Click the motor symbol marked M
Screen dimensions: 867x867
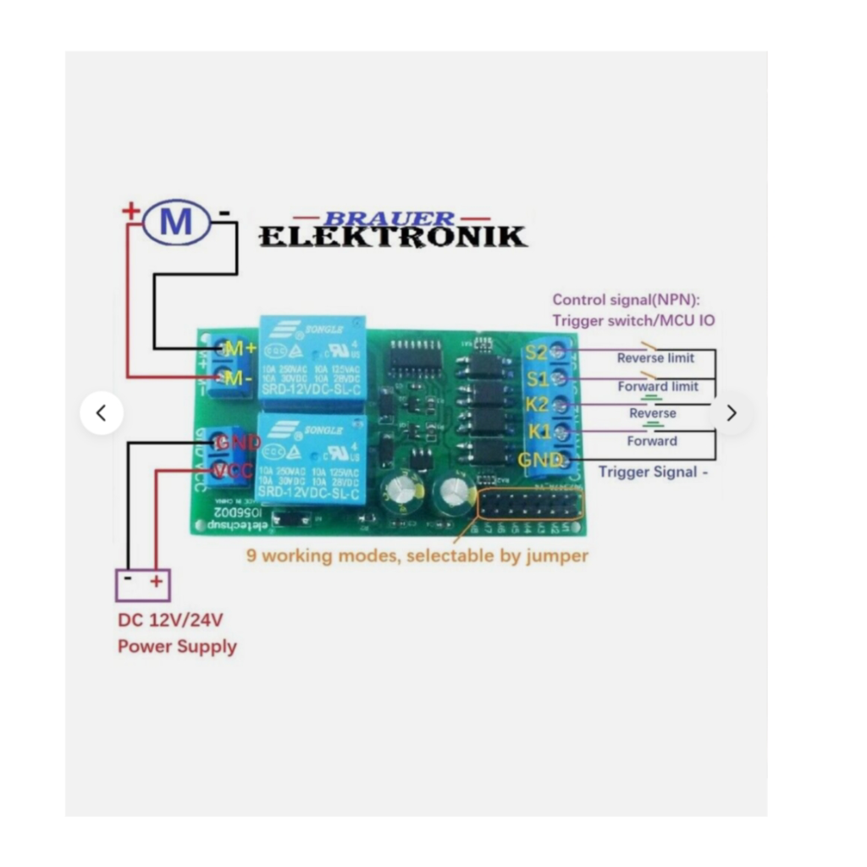(176, 222)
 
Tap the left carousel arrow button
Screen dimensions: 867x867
(102, 413)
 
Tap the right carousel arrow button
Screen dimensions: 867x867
(732, 413)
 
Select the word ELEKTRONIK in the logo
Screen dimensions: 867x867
(392, 236)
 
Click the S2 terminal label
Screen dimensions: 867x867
(537, 352)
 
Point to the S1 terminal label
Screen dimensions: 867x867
(537, 378)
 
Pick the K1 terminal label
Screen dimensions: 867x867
(539, 432)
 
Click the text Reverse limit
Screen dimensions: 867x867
(655, 358)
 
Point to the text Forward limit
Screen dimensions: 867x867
(658, 386)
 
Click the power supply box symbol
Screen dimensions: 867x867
(143, 583)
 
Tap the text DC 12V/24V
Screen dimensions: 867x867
(170, 620)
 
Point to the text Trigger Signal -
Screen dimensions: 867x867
(653, 472)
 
